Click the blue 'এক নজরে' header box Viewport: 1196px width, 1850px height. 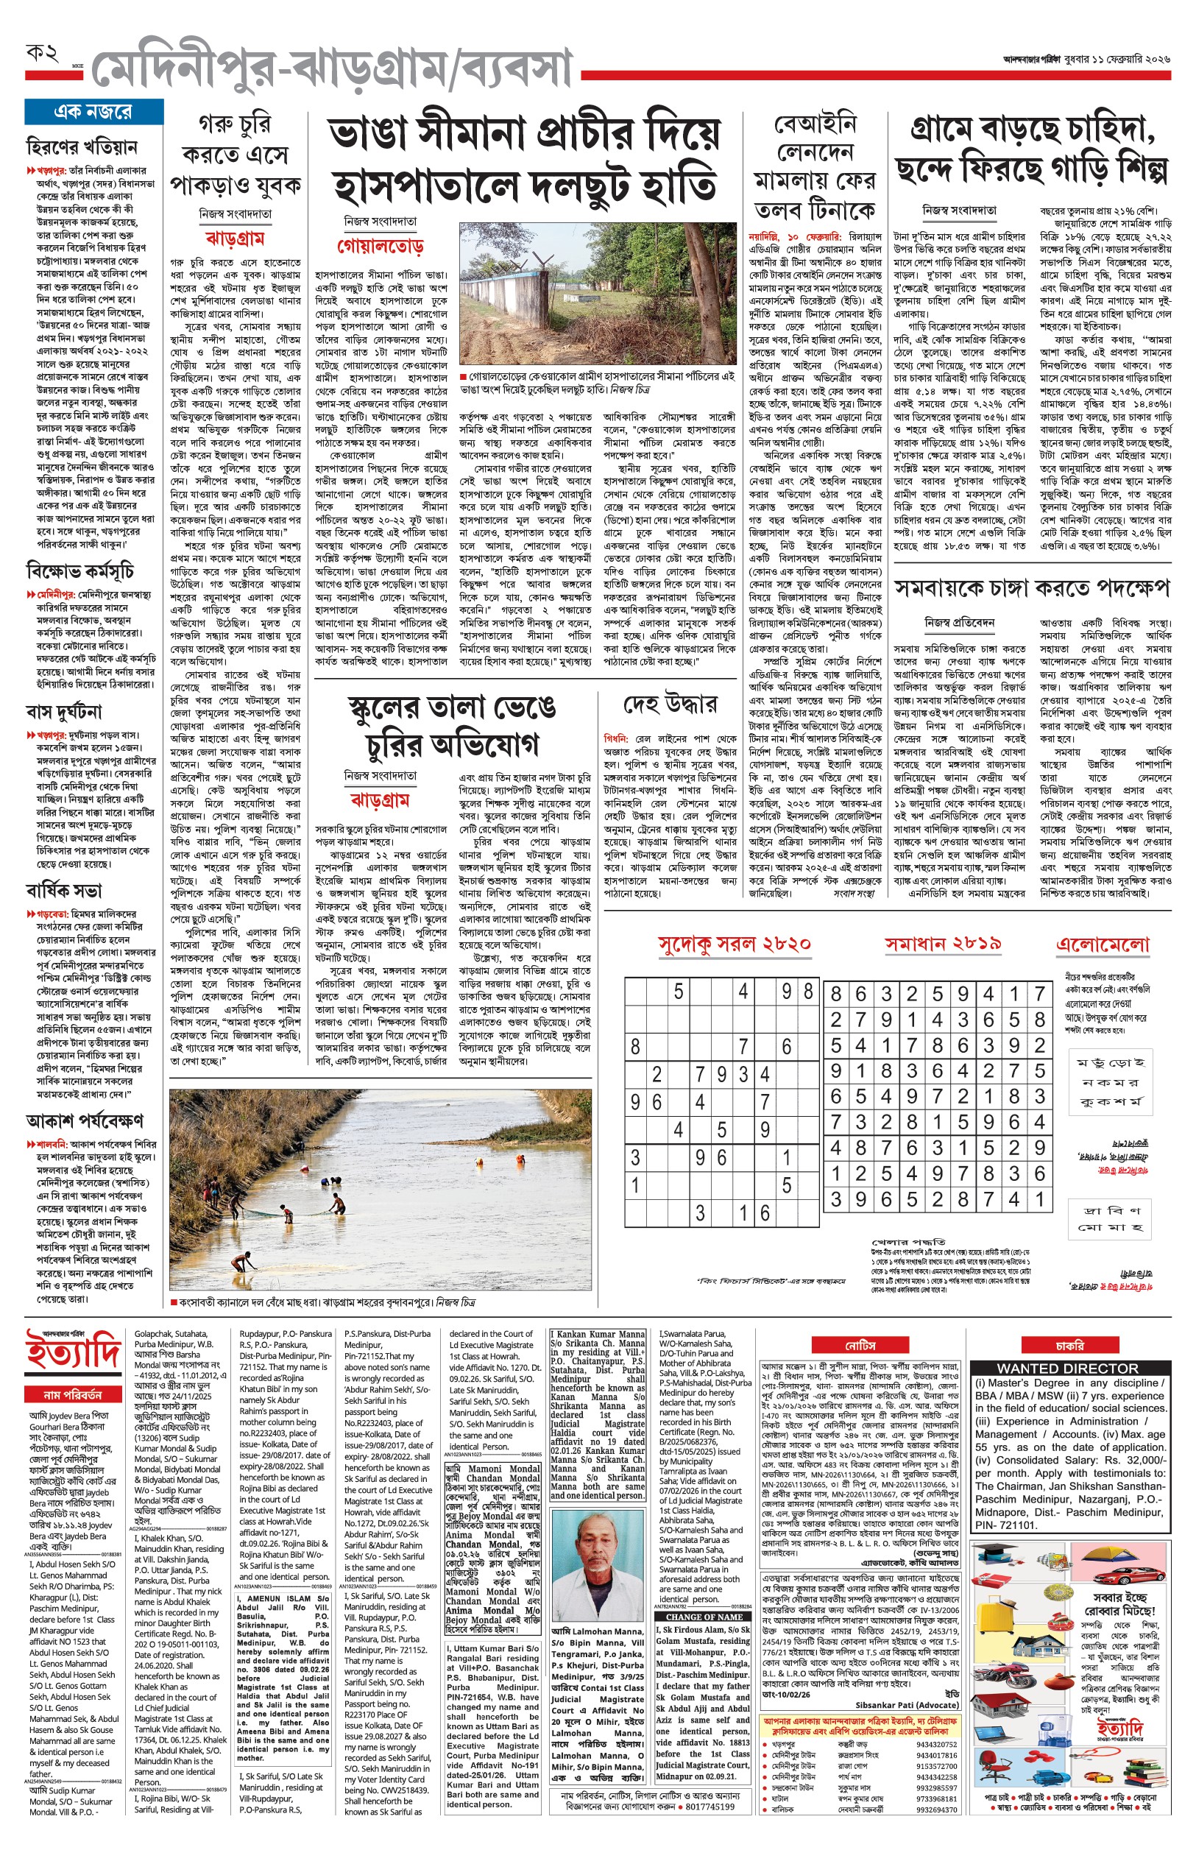tap(93, 112)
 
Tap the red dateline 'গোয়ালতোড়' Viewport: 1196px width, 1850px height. tap(380, 246)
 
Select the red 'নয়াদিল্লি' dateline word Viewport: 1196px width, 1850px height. tap(765, 236)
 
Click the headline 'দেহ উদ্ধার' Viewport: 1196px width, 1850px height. tap(670, 705)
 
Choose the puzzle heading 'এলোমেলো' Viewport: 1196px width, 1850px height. tap(1102, 945)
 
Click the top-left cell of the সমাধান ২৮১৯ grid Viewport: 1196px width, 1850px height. tap(835, 993)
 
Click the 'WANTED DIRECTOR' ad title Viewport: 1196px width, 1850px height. tap(1068, 1369)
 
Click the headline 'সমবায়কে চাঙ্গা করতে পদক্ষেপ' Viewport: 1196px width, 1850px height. tap(1031, 588)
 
